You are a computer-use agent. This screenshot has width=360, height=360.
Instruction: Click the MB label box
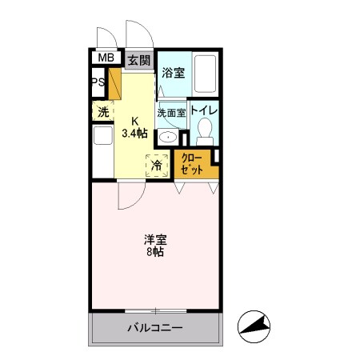coord(105,58)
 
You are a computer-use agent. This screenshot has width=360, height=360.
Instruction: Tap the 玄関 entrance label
coord(138,60)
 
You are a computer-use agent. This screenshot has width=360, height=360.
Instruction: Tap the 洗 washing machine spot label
coord(104,112)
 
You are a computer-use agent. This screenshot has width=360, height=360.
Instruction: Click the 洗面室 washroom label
coord(171,113)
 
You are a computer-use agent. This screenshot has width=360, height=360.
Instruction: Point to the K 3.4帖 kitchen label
coord(134,128)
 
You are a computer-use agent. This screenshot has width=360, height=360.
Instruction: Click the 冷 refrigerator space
coord(157,166)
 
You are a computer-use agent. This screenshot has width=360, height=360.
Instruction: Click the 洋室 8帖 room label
coord(154,245)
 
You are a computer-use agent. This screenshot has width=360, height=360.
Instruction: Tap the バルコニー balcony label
coord(155,328)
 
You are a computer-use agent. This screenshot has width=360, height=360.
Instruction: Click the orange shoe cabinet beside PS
coord(114,83)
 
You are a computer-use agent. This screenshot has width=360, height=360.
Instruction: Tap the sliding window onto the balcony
coord(155,310)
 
